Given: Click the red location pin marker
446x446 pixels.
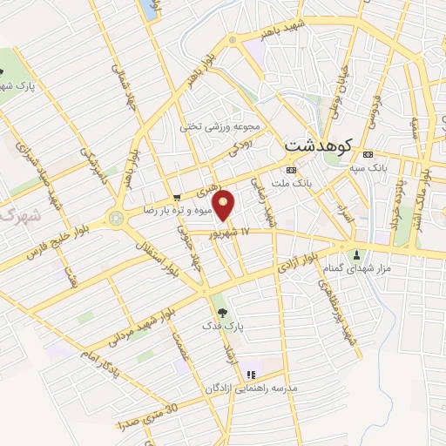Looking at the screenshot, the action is [225, 206].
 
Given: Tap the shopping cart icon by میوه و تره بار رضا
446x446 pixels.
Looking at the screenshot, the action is [178, 198].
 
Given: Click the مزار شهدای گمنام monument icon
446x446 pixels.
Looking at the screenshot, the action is [355, 255].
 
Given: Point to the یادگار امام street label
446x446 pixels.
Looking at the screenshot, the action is [96, 358].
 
